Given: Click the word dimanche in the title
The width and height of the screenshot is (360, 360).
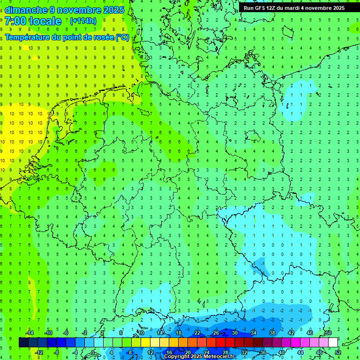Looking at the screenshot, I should [26, 10].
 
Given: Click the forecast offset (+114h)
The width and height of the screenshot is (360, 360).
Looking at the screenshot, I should [83, 21].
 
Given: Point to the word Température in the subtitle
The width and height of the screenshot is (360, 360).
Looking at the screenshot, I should [28, 37].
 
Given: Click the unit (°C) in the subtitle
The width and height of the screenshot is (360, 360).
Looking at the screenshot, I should [122, 37].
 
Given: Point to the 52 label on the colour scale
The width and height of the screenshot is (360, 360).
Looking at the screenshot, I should [338, 352].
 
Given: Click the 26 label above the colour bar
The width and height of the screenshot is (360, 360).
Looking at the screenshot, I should [216, 333].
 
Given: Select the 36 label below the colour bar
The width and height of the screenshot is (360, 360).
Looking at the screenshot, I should [263, 352].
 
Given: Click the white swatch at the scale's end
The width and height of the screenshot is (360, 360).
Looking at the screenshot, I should [333, 343].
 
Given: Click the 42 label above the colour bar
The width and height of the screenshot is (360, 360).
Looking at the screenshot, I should [291, 333].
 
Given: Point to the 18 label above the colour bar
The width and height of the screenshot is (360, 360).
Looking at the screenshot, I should [179, 333].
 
